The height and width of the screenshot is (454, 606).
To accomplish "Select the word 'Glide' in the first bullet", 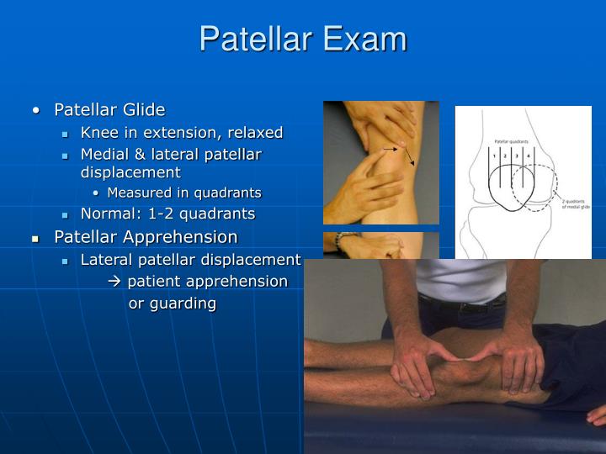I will pyautogui.click(x=144, y=110).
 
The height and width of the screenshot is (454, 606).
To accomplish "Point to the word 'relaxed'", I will pyautogui.click(x=254, y=133).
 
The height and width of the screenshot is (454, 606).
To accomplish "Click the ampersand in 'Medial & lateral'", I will pyautogui.click(x=134, y=155).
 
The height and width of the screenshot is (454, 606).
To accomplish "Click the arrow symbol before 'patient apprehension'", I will pyautogui.click(x=115, y=281).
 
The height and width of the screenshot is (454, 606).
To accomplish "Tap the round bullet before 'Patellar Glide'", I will pyautogui.click(x=36, y=110).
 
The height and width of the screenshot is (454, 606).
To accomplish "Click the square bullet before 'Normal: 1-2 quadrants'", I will pyautogui.click(x=66, y=214).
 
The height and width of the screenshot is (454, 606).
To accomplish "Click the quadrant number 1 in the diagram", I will pyautogui.click(x=497, y=156).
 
